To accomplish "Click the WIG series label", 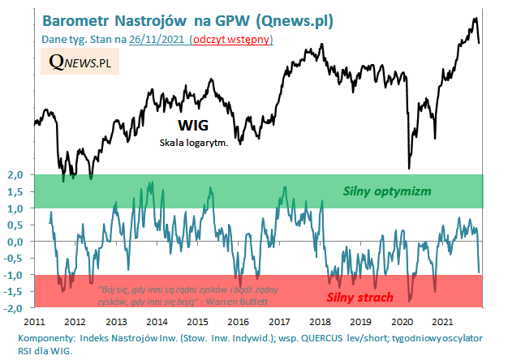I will pyautogui.click(x=192, y=126).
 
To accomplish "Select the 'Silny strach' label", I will pyautogui.click(x=366, y=296).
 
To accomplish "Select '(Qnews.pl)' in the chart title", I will pyautogui.click(x=275, y=19).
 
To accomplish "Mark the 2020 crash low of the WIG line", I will pyautogui.click(x=408, y=168).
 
